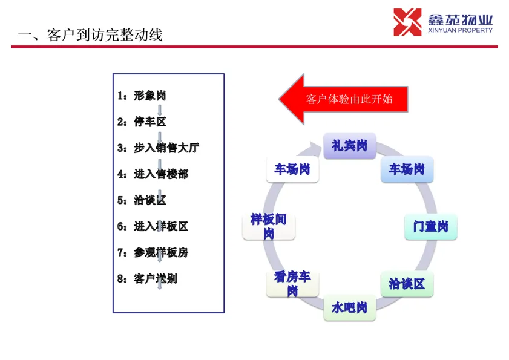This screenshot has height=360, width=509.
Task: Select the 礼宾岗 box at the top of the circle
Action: click(349, 146)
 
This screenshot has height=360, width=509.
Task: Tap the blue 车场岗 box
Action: click(407, 169)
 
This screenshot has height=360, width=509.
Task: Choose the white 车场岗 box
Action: click(292, 169)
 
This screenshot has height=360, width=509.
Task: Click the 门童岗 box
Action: click(430, 227)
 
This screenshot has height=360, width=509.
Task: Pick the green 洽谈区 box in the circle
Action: click(407, 284)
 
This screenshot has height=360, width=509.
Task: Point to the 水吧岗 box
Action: click(349, 308)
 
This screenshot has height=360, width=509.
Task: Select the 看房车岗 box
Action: click(292, 284)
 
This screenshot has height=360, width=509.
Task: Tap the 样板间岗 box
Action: click(269, 226)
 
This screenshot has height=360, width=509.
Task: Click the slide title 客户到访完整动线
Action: click(91, 35)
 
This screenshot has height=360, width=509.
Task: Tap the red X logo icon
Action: click(407, 22)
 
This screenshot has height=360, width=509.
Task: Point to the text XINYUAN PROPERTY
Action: click(461, 30)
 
